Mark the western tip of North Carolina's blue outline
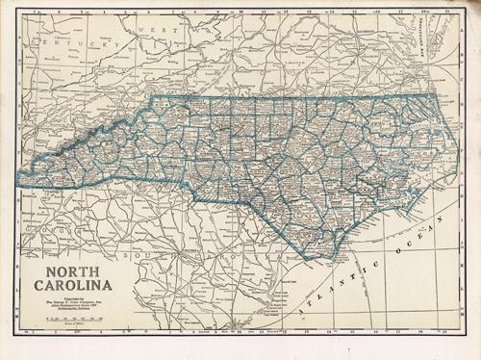point(19,180)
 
